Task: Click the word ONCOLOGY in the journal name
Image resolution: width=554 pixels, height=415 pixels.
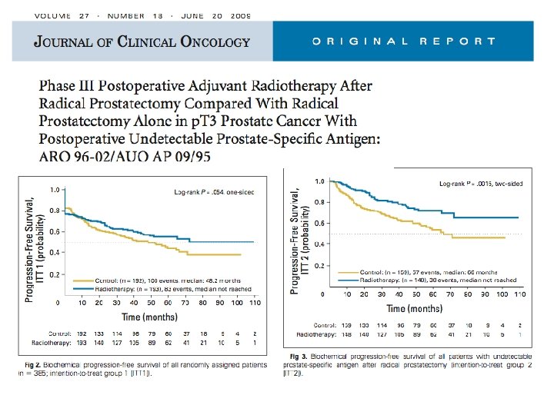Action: point(212,41)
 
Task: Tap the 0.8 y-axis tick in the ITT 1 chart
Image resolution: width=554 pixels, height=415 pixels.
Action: point(54,210)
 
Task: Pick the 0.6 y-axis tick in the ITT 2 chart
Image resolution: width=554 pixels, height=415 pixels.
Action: point(319,224)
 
